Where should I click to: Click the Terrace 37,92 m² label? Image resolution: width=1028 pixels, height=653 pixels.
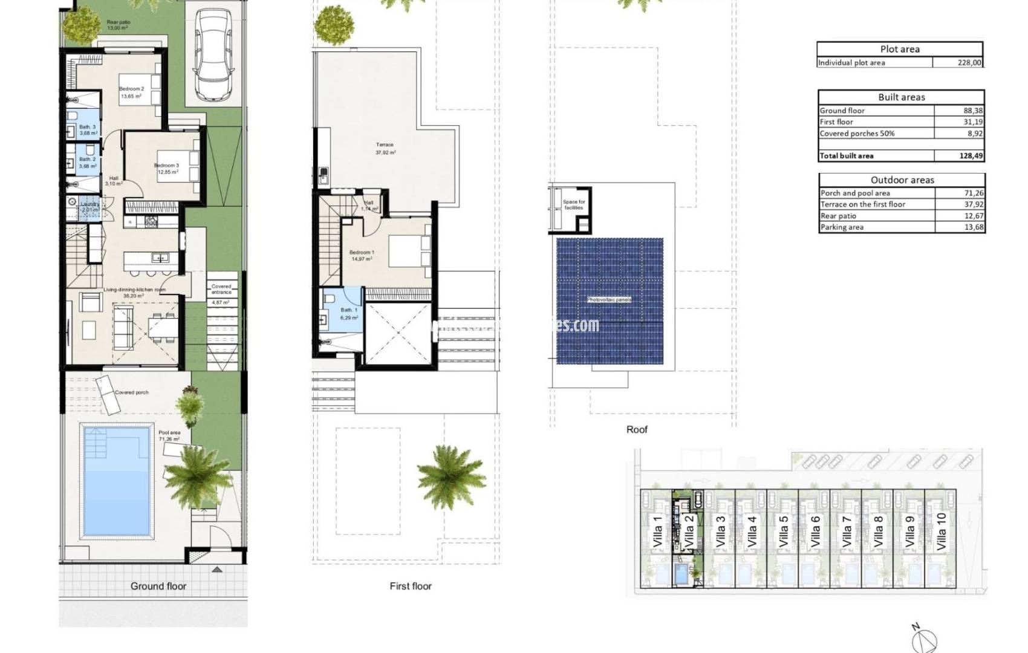click(385, 148)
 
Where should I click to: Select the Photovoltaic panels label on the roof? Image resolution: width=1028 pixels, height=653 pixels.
click(609, 300)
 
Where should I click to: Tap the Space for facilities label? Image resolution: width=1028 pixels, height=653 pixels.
click(573, 204)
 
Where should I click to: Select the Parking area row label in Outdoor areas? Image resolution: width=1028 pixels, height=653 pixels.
click(842, 227)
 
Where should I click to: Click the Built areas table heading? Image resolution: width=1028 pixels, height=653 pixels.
click(901, 97)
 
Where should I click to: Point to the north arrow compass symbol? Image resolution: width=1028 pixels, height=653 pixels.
click(925, 639)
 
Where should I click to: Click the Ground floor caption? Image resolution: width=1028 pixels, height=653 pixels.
click(158, 586)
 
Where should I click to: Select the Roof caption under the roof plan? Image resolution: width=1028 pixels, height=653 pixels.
click(636, 429)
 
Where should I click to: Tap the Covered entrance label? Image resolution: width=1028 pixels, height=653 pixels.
click(221, 289)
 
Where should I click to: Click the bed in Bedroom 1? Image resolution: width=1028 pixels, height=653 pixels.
click(409, 251)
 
